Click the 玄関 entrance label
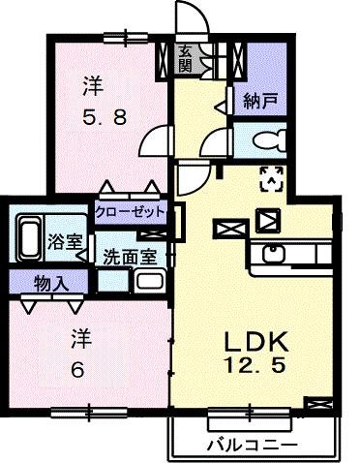(x=185, y=58)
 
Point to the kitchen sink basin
(x=272, y=257)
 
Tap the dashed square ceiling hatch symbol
(x=271, y=177)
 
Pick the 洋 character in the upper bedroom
(x=92, y=86)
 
